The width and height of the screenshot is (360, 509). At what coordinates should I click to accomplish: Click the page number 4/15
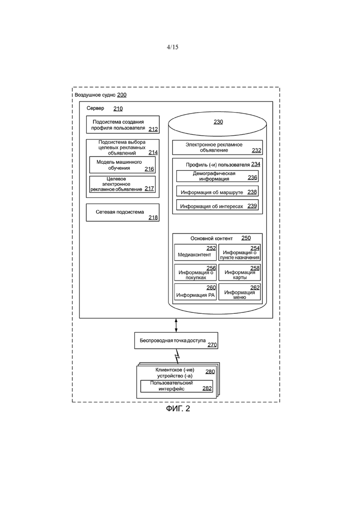coord(172,47)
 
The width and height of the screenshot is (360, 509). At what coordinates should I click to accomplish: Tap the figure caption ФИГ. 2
coord(178,408)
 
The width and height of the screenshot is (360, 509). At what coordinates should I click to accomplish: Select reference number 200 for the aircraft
coord(122,95)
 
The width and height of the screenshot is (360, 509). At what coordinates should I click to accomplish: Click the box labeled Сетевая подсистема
coord(123,213)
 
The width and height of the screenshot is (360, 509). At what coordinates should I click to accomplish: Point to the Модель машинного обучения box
coord(122,165)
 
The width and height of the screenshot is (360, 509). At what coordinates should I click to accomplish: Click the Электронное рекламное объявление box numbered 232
coord(217,147)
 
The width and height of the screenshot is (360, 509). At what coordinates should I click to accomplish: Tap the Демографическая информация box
coord(217,176)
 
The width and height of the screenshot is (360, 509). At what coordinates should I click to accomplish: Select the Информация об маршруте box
coord(217,192)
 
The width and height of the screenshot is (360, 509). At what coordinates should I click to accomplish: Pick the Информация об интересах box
coord(217,205)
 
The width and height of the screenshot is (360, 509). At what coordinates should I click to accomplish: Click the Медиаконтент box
coord(195,252)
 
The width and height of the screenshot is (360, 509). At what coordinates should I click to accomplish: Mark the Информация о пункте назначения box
coord(240,252)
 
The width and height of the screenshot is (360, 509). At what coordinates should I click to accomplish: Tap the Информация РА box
coord(195,292)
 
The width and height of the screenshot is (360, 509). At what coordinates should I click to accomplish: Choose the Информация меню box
coord(240,292)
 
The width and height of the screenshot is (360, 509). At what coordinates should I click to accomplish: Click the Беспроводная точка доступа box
coord(176,341)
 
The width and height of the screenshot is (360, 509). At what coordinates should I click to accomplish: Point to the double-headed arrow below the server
coord(176,325)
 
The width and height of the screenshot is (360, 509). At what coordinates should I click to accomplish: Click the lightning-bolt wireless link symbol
coord(177,356)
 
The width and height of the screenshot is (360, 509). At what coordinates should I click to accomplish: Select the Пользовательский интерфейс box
coord(177,386)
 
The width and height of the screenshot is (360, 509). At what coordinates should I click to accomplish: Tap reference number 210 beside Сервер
coord(118,108)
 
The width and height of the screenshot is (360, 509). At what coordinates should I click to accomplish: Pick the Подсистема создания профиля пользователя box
coord(123,125)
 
